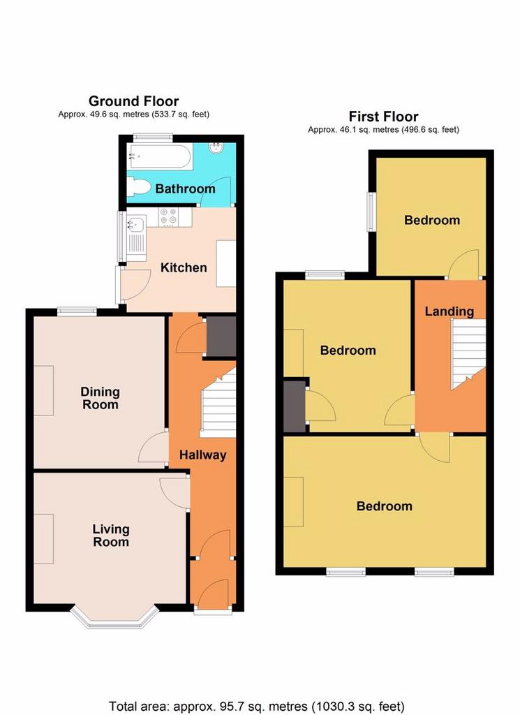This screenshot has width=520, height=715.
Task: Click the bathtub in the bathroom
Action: pyautogui.click(x=159, y=156)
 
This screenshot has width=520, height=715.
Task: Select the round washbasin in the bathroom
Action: pyautogui.click(x=215, y=147)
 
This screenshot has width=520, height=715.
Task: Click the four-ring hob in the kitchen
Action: pyautogui.click(x=169, y=216)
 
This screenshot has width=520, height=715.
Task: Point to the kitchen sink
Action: pyautogui.click(x=136, y=238)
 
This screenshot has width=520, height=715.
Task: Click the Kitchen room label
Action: pyautogui.click(x=184, y=267)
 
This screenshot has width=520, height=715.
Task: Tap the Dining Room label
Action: pyautogui.click(x=100, y=398)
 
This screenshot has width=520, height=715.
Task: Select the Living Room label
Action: pyautogui.click(x=111, y=536)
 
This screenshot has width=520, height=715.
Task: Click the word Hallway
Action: pyautogui.click(x=203, y=455)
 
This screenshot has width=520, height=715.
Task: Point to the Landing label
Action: pyautogui.click(x=450, y=311)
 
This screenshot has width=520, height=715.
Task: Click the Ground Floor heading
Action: pyautogui.click(x=133, y=101)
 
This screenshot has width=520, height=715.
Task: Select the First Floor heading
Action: pyautogui.click(x=384, y=117)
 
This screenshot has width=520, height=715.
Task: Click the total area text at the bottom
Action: pyautogui.click(x=257, y=707)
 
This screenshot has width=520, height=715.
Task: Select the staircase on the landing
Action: pyautogui.click(x=468, y=354)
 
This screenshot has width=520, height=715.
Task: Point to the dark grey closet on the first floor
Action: pyautogui.click(x=295, y=406)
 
